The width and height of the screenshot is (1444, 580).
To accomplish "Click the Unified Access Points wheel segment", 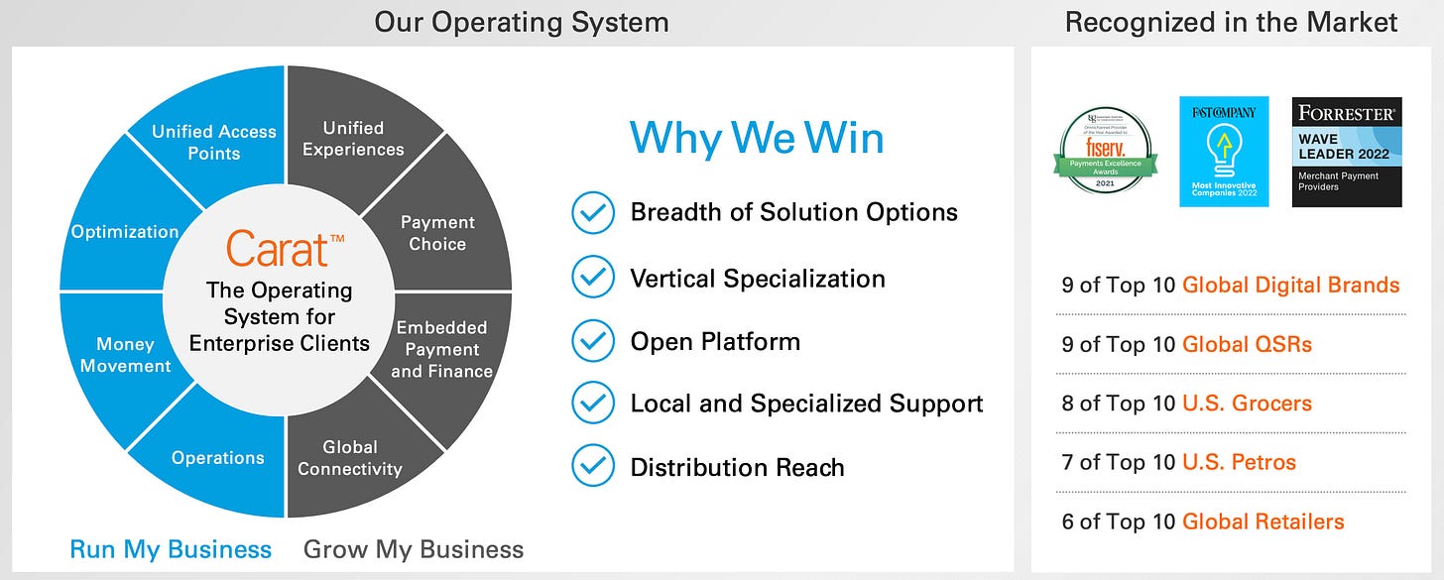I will click(213, 142).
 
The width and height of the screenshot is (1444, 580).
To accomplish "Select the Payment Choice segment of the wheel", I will click(437, 233).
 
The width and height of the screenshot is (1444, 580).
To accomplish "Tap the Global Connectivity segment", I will click(350, 457).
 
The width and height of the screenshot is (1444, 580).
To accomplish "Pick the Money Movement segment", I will click(125, 354).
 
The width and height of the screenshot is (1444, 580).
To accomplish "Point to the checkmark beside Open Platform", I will click(593, 341).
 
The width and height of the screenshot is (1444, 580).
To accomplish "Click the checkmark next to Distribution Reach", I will click(593, 467).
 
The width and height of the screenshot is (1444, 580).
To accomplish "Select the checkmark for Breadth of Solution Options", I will click(593, 212).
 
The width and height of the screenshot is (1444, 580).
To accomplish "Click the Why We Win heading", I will click(756, 137).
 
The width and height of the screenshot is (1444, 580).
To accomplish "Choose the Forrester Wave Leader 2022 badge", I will click(1346, 152).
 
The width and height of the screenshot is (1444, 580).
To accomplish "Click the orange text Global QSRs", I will click(1247, 344).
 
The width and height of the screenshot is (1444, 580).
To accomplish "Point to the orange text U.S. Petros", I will click(1239, 462).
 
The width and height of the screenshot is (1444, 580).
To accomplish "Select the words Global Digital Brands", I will click(1290, 286).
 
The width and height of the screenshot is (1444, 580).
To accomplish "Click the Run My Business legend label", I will click(171, 549).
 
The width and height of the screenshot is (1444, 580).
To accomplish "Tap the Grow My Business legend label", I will click(413, 549).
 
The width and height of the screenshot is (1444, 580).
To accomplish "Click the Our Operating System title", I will click(521, 22).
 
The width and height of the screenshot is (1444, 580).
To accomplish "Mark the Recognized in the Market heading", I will click(1231, 22).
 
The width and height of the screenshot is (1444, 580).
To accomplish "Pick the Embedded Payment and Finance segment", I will click(441, 349).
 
